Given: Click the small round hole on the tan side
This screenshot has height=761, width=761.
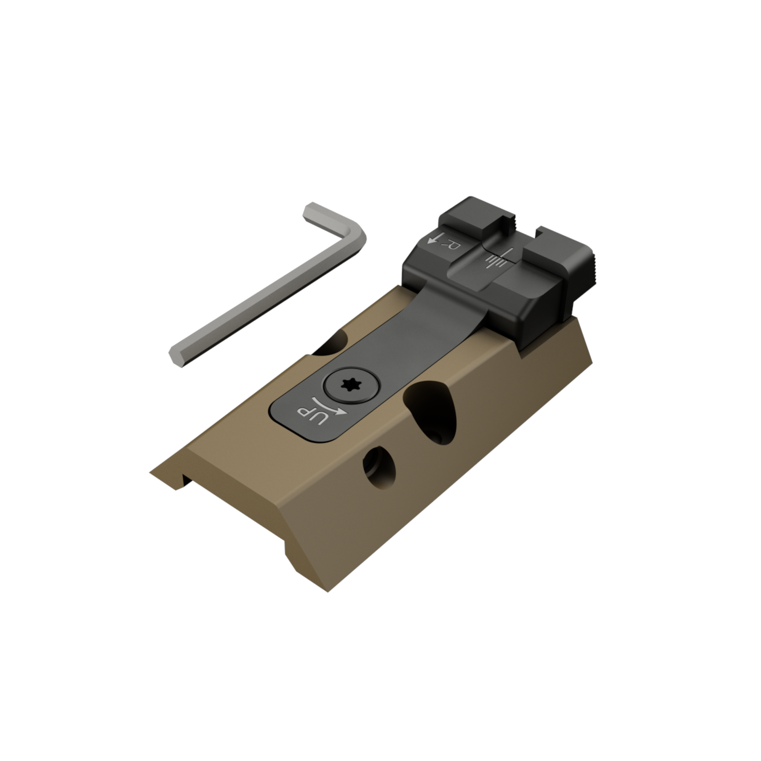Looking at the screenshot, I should pyautogui.click(x=379, y=468).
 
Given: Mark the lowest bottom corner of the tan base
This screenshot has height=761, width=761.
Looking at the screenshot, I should pyautogui.click(x=328, y=603).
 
